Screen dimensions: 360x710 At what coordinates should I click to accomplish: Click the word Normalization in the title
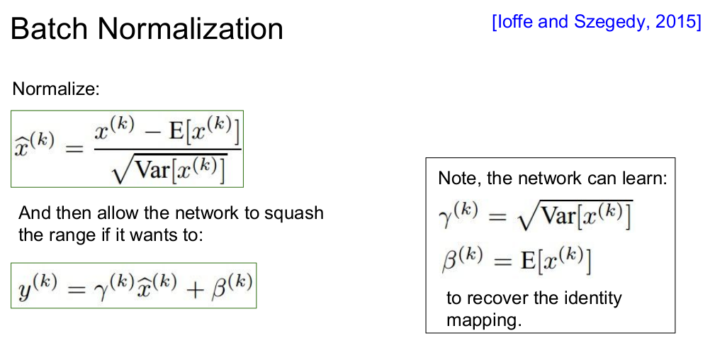(190, 29)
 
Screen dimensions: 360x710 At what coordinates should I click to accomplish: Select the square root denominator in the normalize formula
(168, 169)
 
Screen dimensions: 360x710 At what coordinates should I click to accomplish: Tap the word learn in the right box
(646, 178)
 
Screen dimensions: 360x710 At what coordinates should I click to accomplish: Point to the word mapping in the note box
(483, 320)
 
